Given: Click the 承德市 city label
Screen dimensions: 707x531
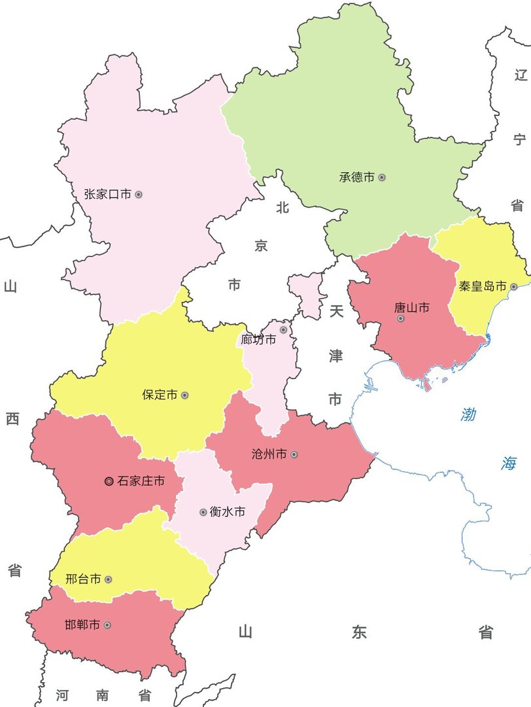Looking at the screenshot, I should click(x=356, y=177).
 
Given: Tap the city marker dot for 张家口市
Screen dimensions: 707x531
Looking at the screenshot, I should click(x=139, y=194).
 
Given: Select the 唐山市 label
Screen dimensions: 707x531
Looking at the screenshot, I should click(x=411, y=307).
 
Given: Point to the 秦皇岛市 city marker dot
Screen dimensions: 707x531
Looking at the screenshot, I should click(x=514, y=287).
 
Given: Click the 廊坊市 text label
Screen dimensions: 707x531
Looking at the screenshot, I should click(x=258, y=340).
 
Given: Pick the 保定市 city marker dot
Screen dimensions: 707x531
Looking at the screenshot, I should click(x=185, y=395).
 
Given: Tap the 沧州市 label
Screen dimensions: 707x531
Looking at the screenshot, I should click(x=269, y=454).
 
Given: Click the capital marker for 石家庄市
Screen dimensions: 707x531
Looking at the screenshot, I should click(x=109, y=481).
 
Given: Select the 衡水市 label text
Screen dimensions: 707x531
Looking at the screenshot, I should click(x=228, y=511).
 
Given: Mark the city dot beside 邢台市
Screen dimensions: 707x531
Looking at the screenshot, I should click(x=108, y=579).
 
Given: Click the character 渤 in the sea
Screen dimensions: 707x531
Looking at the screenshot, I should click(x=468, y=414).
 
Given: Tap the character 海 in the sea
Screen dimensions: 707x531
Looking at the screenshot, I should click(x=509, y=463).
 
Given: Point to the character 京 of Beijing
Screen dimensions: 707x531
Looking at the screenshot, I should click(x=261, y=246).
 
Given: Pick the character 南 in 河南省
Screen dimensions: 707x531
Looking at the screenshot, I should click(x=102, y=695).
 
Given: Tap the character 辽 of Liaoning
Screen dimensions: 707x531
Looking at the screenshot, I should click(x=520, y=73).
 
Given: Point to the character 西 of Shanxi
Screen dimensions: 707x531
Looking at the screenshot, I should click(x=12, y=419).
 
